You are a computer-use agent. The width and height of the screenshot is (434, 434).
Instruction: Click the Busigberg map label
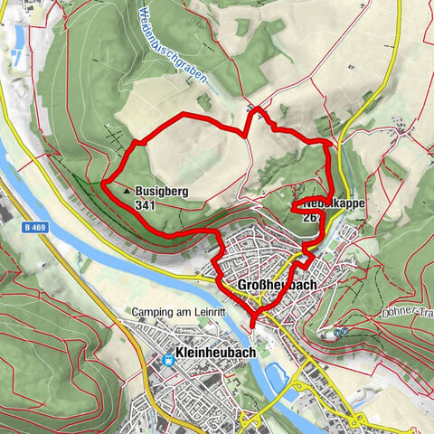click(x=162, y=192)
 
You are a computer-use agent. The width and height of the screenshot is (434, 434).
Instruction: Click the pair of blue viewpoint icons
click(x=341, y=332)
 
